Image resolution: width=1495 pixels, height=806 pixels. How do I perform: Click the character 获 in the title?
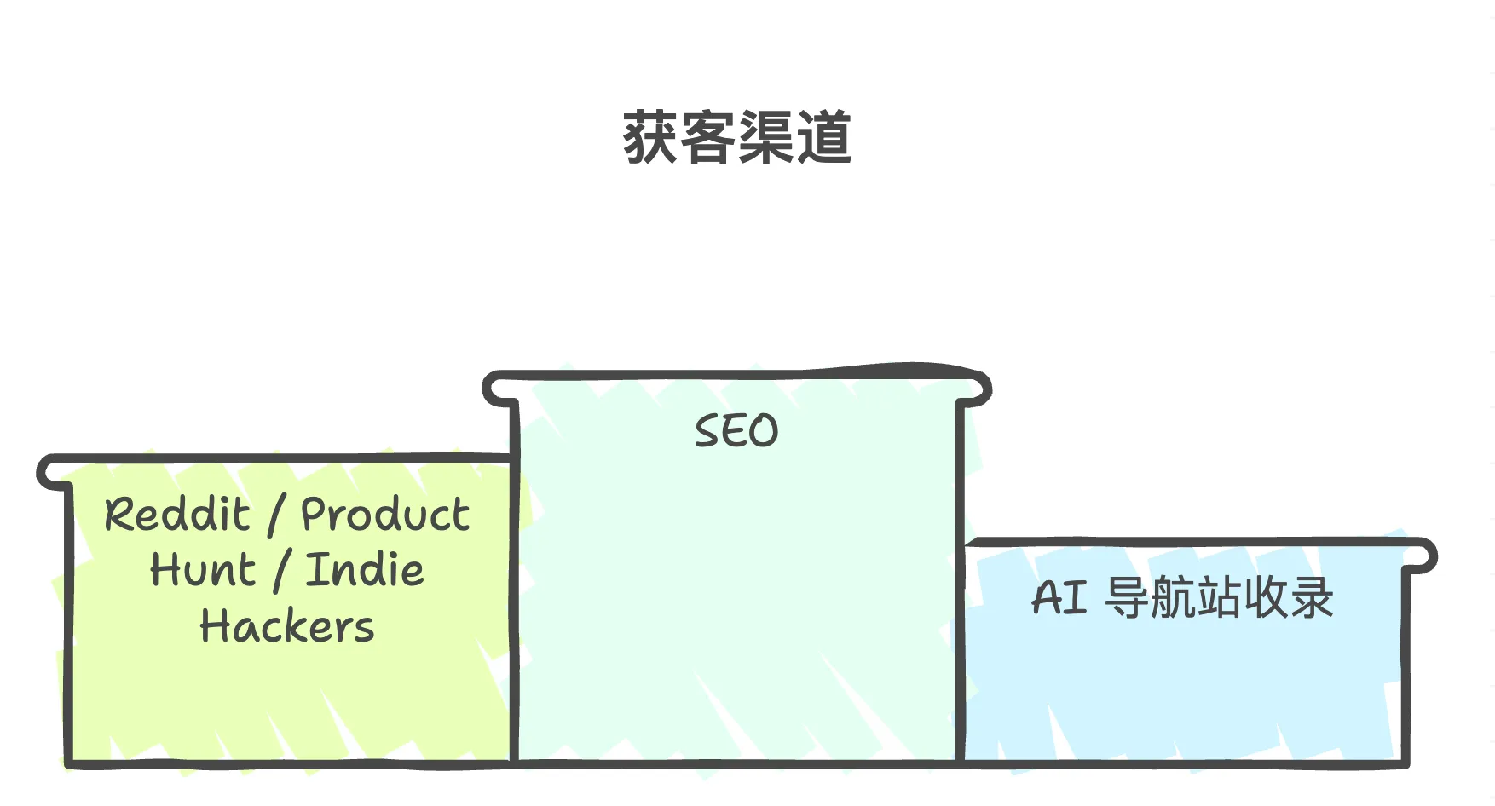650,137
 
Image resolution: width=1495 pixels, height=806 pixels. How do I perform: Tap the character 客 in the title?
708,137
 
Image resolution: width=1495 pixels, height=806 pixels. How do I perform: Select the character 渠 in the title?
766,137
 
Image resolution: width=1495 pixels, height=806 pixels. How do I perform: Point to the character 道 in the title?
824,137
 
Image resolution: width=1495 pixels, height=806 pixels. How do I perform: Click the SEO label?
736,431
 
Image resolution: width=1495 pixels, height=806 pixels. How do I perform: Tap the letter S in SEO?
707,431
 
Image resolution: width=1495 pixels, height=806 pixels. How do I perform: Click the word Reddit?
177,515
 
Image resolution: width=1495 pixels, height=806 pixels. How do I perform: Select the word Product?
385,515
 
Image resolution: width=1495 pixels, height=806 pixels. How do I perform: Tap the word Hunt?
203,570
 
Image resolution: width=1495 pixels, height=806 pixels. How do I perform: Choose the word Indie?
365,570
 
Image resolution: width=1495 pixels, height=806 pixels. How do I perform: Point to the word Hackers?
287,626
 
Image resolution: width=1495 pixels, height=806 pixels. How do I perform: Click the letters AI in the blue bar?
1059,598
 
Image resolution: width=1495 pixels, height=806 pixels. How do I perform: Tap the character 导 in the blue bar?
1127,598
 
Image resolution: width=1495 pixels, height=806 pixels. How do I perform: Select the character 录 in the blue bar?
1312,598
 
